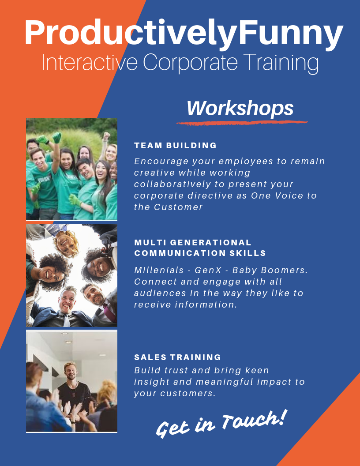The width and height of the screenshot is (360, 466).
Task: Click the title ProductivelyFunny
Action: pyautogui.click(x=184, y=33)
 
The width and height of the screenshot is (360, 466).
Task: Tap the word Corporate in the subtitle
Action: pyautogui.click(x=191, y=63)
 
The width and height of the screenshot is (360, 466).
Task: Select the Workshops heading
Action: pyautogui.click(x=240, y=109)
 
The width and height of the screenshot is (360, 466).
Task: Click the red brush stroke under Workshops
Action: pyautogui.click(x=242, y=122)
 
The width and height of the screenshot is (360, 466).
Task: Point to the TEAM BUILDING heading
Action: pyautogui.click(x=175, y=145)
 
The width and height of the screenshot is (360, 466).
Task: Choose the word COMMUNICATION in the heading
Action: pyautogui.click(x=180, y=253)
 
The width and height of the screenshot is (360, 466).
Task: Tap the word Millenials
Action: pyautogui.click(x=159, y=270)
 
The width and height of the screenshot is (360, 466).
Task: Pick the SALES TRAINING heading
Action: pyautogui.click(x=177, y=357)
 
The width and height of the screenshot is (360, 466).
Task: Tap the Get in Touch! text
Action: pyautogui.click(x=221, y=424)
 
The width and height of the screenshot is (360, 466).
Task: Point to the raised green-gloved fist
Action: pyautogui.click(x=56, y=137)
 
